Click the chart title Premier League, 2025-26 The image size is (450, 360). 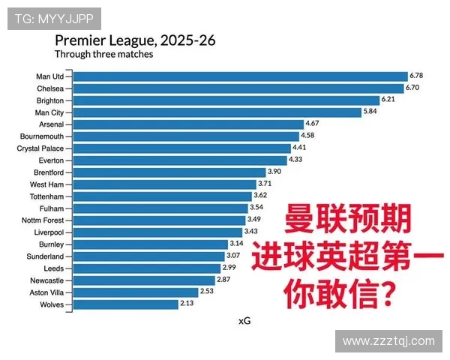pos(135,40)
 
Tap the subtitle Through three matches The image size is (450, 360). pos(103,54)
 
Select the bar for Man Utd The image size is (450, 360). pos(240,76)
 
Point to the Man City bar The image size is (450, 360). pos(217,112)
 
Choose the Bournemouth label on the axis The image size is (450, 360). pos(42,136)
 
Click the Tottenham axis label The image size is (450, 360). pos(47,196)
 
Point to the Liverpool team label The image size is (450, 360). pos(49,232)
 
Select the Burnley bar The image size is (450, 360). pos(150,244)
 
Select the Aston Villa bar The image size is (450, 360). pos(136,292)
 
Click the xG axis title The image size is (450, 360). pos(244,321)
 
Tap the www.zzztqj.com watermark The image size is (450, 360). pos(388,341)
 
